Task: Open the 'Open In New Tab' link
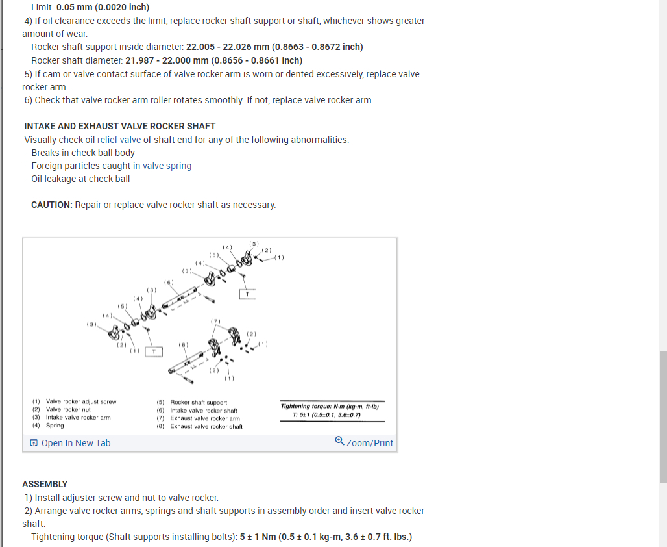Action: [x=71, y=443]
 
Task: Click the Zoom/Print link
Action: [x=365, y=442]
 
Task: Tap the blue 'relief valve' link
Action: [x=119, y=140]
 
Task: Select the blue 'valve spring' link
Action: [x=167, y=166]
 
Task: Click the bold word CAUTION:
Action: [x=52, y=205]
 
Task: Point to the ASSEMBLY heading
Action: [x=45, y=484]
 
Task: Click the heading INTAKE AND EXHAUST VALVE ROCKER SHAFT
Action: [x=120, y=126]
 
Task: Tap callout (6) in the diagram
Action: [x=169, y=283]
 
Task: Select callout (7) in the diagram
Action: [x=215, y=322]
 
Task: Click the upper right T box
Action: [x=247, y=294]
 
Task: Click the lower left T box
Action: [x=153, y=351]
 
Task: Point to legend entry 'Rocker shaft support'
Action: [x=199, y=402]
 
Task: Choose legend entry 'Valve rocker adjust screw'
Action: [x=81, y=402]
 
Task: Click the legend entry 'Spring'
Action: [x=55, y=426]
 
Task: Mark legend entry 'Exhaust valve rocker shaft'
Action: [x=206, y=427]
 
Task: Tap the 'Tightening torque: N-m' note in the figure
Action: [x=332, y=407]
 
